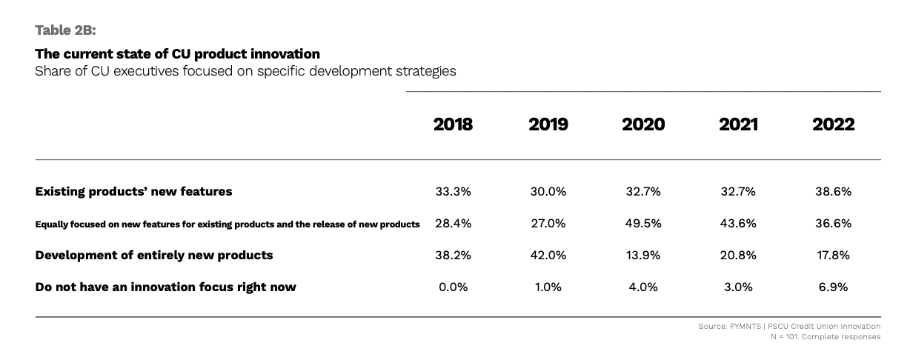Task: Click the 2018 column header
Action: click(453, 124)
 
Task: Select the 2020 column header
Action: click(643, 124)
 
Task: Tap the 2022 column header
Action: click(833, 124)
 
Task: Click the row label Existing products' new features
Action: click(133, 191)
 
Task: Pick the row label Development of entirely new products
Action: click(154, 255)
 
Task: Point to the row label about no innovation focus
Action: click(165, 287)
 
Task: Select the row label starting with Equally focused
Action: click(227, 224)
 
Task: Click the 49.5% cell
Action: click(643, 224)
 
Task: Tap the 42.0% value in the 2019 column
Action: click(548, 255)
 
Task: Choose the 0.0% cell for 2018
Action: click(453, 287)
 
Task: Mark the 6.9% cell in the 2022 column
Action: click(833, 287)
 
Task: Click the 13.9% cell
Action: click(643, 255)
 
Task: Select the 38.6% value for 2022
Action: click(833, 191)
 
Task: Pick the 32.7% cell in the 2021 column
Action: click(738, 191)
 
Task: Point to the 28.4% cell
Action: click(453, 224)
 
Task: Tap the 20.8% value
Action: click(738, 255)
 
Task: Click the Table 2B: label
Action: click(66, 30)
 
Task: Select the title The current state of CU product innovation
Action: click(177, 54)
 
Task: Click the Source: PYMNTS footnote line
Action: click(789, 326)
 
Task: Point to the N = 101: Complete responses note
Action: click(826, 337)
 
